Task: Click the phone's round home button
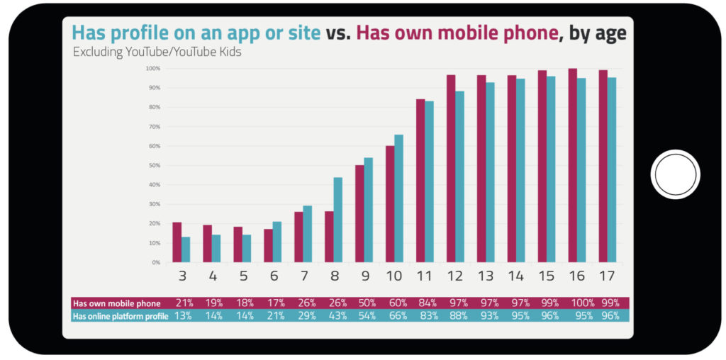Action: pyautogui.click(x=675, y=174)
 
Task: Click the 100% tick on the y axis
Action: pyautogui.click(x=153, y=69)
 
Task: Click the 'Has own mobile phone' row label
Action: pyautogui.click(x=117, y=303)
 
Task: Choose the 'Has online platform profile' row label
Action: pyautogui.click(x=121, y=316)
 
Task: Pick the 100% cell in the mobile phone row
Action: pyautogui.click(x=581, y=303)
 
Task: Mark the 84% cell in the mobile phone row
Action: pyautogui.click(x=425, y=303)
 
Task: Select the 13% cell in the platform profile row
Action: pyautogui.click(x=183, y=316)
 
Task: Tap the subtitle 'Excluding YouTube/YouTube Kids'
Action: pyautogui.click(x=157, y=52)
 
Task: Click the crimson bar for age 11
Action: pyautogui.click(x=420, y=181)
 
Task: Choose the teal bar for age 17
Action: pyautogui.click(x=611, y=170)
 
